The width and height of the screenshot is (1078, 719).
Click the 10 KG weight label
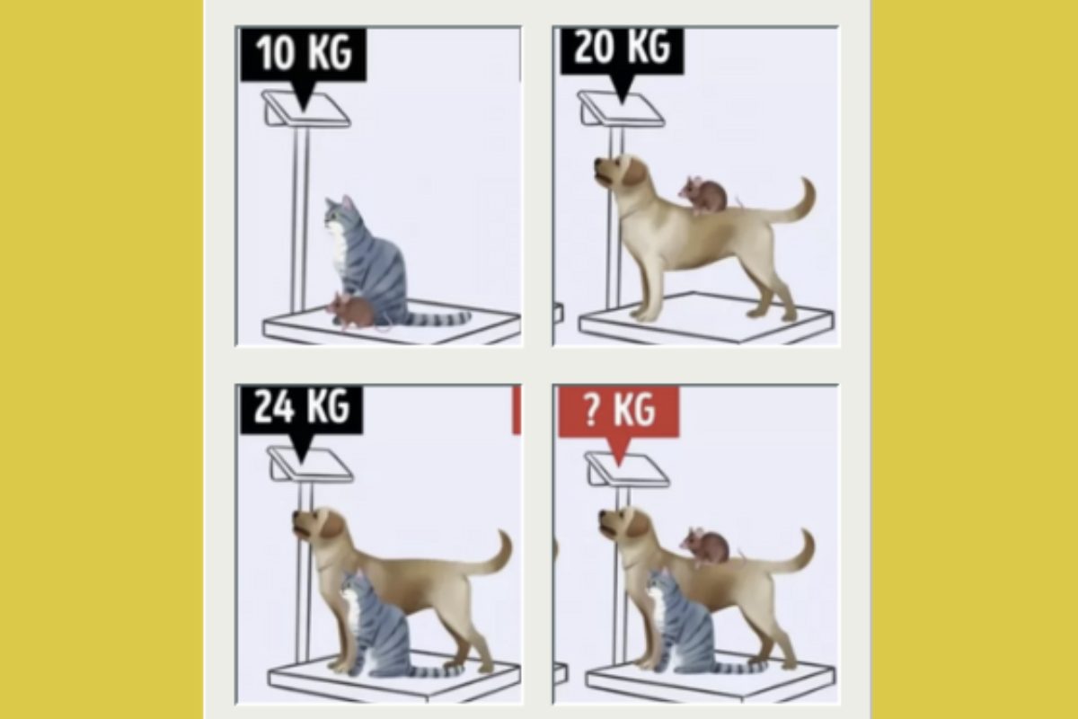point(304,54)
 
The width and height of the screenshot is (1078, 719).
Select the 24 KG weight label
point(301,409)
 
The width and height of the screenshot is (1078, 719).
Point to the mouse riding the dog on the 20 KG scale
point(705,194)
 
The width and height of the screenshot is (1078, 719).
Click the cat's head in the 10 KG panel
point(341,213)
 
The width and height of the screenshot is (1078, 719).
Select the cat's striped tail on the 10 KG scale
point(436,319)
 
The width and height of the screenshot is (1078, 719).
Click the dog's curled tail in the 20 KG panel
point(794,202)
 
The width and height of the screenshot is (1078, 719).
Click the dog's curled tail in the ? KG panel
point(794,554)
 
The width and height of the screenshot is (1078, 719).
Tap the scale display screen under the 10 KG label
point(306,110)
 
